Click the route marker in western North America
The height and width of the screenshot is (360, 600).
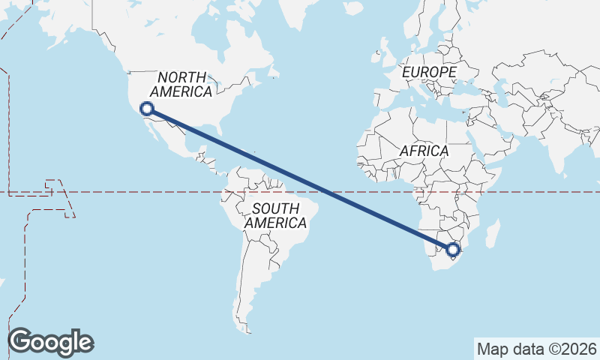pyautogui.click(x=147, y=109)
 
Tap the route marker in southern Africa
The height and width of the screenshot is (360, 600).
pyautogui.click(x=452, y=250)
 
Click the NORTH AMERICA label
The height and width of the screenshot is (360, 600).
pyautogui.click(x=181, y=84)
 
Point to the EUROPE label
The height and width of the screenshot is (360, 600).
pyautogui.click(x=429, y=72)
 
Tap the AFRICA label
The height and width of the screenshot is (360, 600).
pyautogui.click(x=424, y=151)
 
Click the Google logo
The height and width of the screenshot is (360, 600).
pyautogui.click(x=50, y=341)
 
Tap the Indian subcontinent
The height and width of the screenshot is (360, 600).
pyautogui.click(x=554, y=150)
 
